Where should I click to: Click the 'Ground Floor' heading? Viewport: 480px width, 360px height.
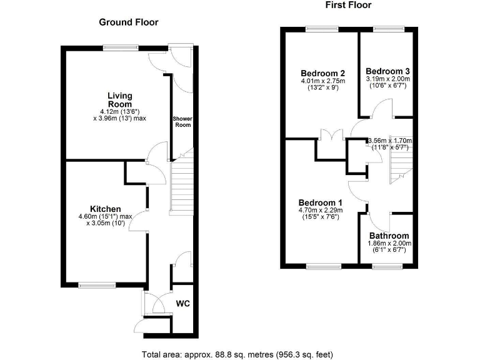point(129,22)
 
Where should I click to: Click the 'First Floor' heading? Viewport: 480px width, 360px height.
point(348,5)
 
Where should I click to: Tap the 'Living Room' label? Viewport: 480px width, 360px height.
point(119,100)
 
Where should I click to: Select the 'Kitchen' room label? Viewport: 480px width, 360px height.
point(105,209)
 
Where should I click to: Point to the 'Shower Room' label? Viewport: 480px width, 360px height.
point(182,121)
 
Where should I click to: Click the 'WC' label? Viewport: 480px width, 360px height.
point(182,304)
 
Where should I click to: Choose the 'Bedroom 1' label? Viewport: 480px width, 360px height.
point(320,202)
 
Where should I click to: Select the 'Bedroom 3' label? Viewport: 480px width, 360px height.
point(387,71)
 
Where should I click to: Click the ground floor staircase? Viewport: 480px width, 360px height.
point(182,184)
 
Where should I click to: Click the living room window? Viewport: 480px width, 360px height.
point(121,46)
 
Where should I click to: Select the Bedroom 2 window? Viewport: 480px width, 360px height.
point(322,28)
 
